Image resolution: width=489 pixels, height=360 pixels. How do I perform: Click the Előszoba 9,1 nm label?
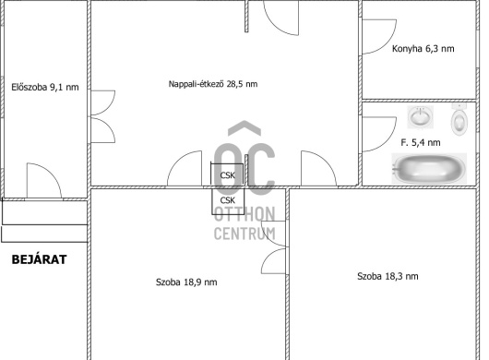click(x=45, y=87)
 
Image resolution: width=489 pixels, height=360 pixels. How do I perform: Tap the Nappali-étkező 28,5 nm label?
click(x=213, y=84)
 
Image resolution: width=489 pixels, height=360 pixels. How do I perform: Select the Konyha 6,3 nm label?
click(x=423, y=49)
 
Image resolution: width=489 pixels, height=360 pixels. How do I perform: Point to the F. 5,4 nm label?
click(x=421, y=142)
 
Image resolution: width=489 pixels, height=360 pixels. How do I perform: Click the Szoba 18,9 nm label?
click(x=186, y=282)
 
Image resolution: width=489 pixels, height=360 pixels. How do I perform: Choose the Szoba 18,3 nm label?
click(x=388, y=276)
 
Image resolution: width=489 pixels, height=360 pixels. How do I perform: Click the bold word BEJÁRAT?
click(x=39, y=259)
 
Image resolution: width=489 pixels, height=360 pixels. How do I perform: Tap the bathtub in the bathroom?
click(x=429, y=169)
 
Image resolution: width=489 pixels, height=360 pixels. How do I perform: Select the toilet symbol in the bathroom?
click(x=459, y=120)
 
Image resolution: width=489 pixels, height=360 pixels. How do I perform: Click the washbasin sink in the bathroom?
click(x=420, y=117)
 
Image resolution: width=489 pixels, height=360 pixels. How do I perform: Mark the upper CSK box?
click(x=227, y=174)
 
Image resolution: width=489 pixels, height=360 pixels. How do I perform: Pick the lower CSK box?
click(x=228, y=201)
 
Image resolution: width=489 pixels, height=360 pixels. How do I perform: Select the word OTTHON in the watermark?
click(x=244, y=214)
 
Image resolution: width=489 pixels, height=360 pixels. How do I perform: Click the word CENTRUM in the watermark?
click(x=244, y=234)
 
